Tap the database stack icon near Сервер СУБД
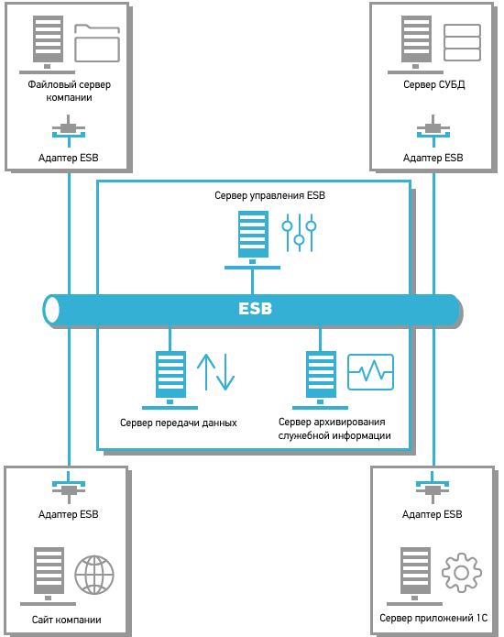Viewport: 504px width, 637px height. tap(462, 43)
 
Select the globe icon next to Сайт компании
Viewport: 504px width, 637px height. tap(94, 575)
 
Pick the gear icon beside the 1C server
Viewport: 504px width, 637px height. tap(462, 573)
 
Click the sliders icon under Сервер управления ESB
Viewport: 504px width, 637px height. tap(299, 233)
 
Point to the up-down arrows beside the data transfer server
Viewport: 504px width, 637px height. tap(215, 372)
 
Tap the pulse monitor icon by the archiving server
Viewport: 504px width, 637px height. tap(371, 372)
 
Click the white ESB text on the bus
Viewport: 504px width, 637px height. tap(255, 309)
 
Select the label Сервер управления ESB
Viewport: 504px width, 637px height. tap(269, 195)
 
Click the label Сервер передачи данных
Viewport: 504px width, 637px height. tap(179, 423)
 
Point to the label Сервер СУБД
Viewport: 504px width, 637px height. tap(434, 84)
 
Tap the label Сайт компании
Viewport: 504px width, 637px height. tap(67, 620)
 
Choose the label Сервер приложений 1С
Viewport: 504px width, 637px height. tap(433, 618)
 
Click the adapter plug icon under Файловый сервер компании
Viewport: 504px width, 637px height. tap(69, 131)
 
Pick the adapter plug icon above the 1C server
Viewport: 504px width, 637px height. tap(433, 488)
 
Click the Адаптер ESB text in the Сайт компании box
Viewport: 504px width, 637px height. tap(68, 514)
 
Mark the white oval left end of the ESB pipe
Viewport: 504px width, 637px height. tap(51, 310)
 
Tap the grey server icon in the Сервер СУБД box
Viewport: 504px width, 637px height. tap(415, 45)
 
